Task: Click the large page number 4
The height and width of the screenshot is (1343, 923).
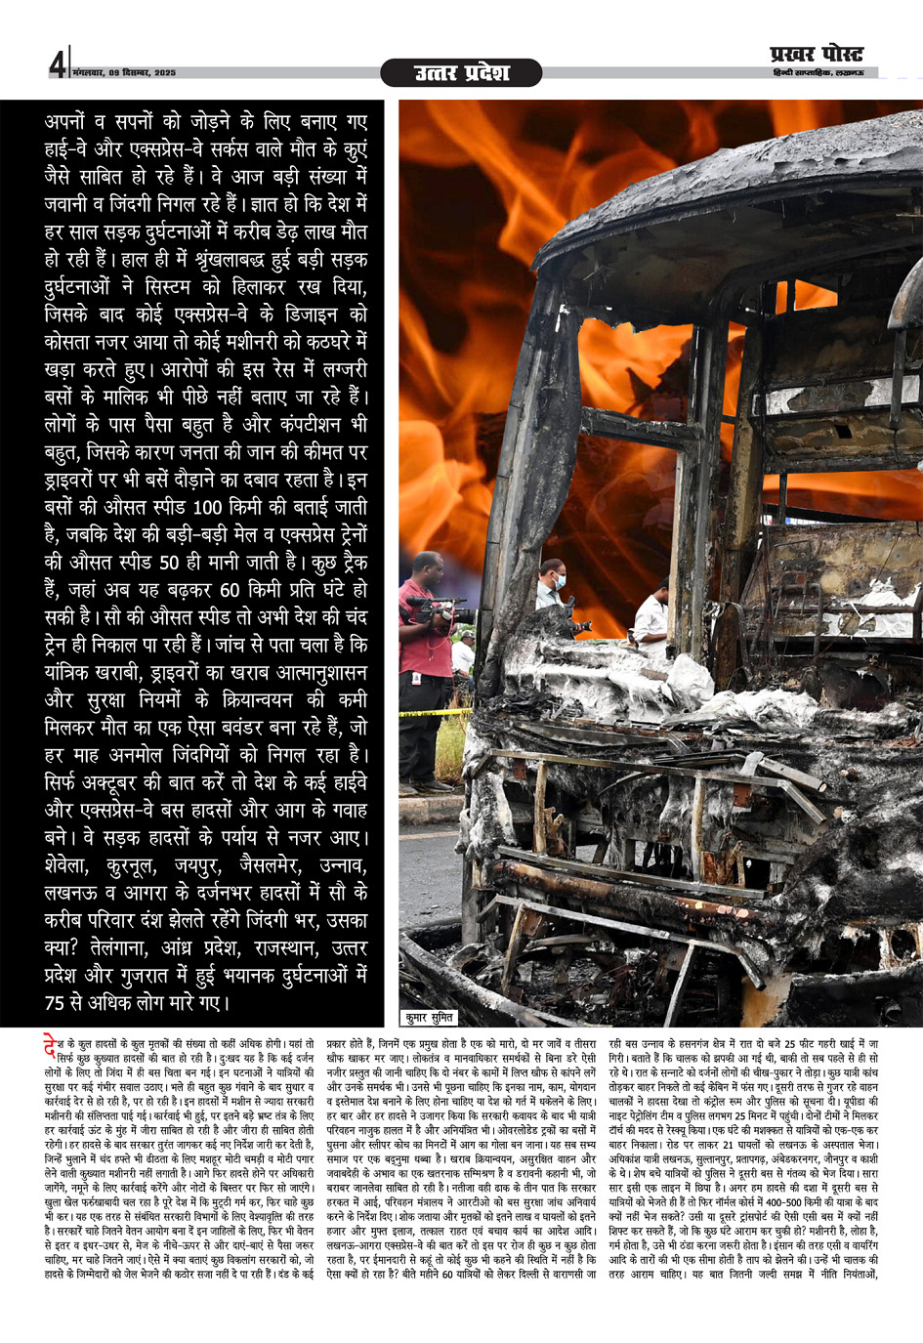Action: (x=58, y=64)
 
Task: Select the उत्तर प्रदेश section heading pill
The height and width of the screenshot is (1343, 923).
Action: (x=461, y=72)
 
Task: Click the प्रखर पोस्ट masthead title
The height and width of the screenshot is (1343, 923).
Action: (x=817, y=54)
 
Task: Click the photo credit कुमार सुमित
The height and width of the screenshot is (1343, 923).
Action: (x=430, y=1018)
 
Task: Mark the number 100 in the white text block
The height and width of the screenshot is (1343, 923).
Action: (x=208, y=508)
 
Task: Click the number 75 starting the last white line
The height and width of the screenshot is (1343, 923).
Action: (x=56, y=1003)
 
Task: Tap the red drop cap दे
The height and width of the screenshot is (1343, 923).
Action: (x=51, y=1046)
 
